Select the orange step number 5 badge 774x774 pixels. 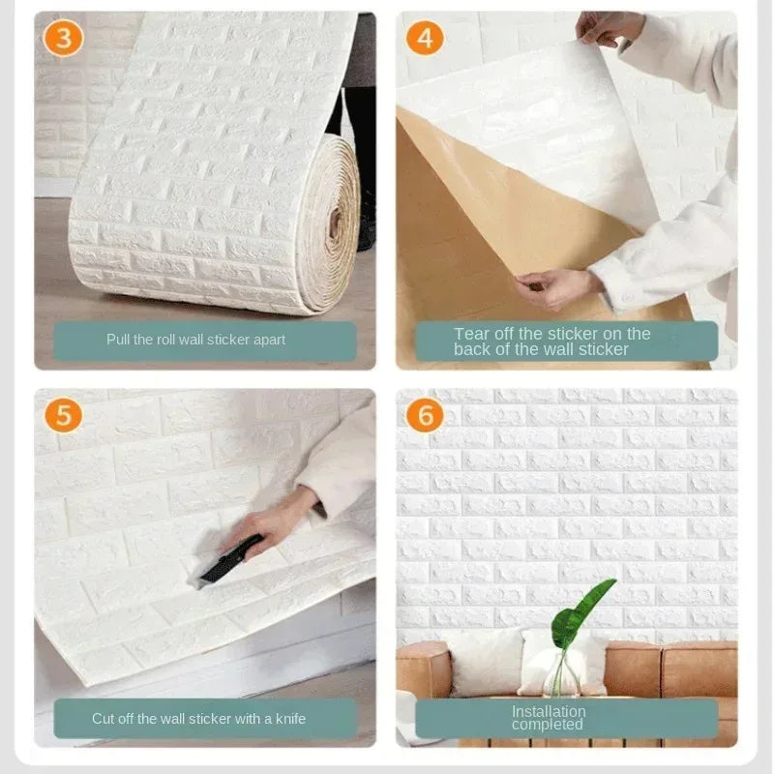(x=64, y=414)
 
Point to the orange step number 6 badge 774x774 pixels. (x=425, y=414)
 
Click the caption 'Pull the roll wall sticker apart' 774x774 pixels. (x=195, y=341)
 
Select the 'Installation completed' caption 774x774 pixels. (x=548, y=718)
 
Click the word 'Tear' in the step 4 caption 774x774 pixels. (x=472, y=334)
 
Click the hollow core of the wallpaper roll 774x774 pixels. (x=335, y=225)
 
